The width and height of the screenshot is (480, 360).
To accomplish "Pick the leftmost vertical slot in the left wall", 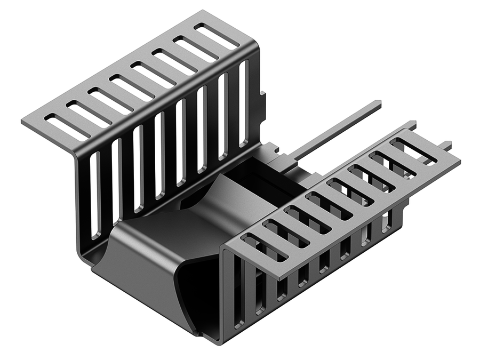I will [x=95, y=195].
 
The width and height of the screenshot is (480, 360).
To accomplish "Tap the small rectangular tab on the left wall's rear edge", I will [x=262, y=101].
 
